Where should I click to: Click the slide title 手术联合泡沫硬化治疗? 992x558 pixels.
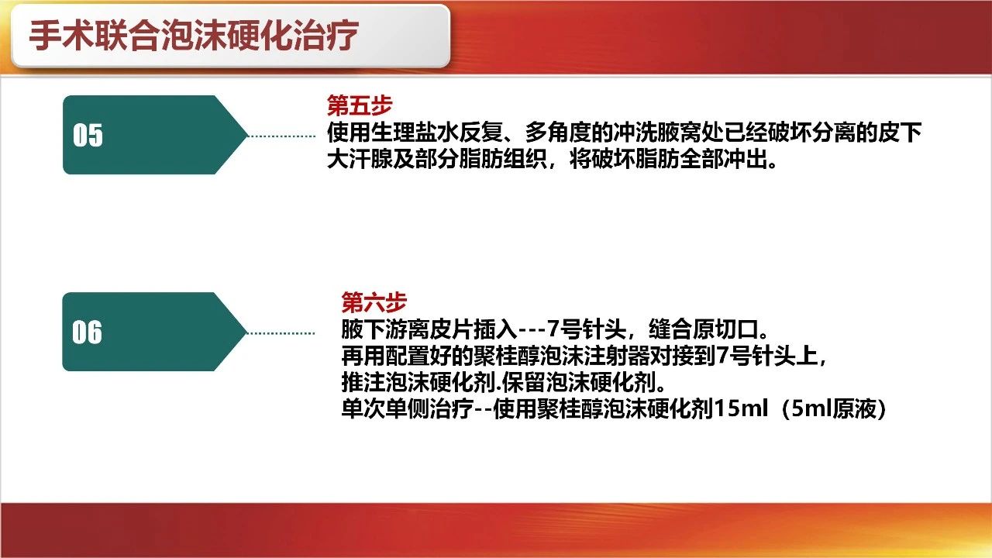[194, 36]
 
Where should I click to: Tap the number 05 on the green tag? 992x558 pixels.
[88, 135]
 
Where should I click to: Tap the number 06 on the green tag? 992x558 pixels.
[87, 332]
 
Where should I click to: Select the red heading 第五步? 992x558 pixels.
[360, 105]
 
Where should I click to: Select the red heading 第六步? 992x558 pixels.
[374, 302]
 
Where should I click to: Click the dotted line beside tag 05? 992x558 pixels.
[281, 136]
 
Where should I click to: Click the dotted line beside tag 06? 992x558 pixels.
[281, 333]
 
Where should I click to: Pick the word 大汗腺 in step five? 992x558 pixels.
[360, 159]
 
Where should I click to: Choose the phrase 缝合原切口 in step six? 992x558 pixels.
[703, 329]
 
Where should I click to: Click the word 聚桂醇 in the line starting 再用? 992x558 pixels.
[506, 356]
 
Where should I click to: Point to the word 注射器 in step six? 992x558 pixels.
[616, 356]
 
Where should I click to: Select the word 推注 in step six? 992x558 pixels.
[363, 382]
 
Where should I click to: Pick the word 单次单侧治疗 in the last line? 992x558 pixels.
[408, 408]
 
